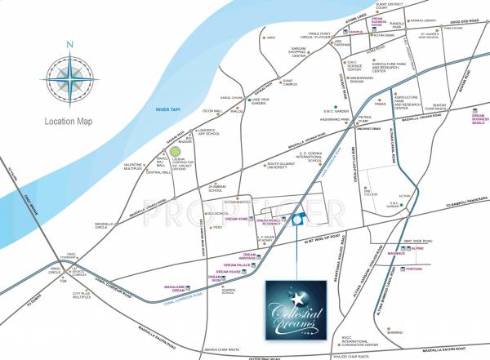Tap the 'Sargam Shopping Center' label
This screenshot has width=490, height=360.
pyautogui.click(x=292, y=51)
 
